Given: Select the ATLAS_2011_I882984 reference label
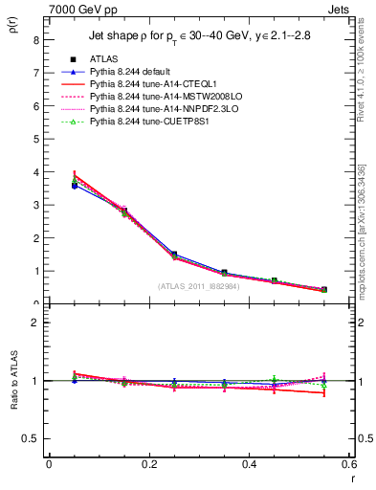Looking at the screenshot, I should pyautogui.click(x=199, y=286).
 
